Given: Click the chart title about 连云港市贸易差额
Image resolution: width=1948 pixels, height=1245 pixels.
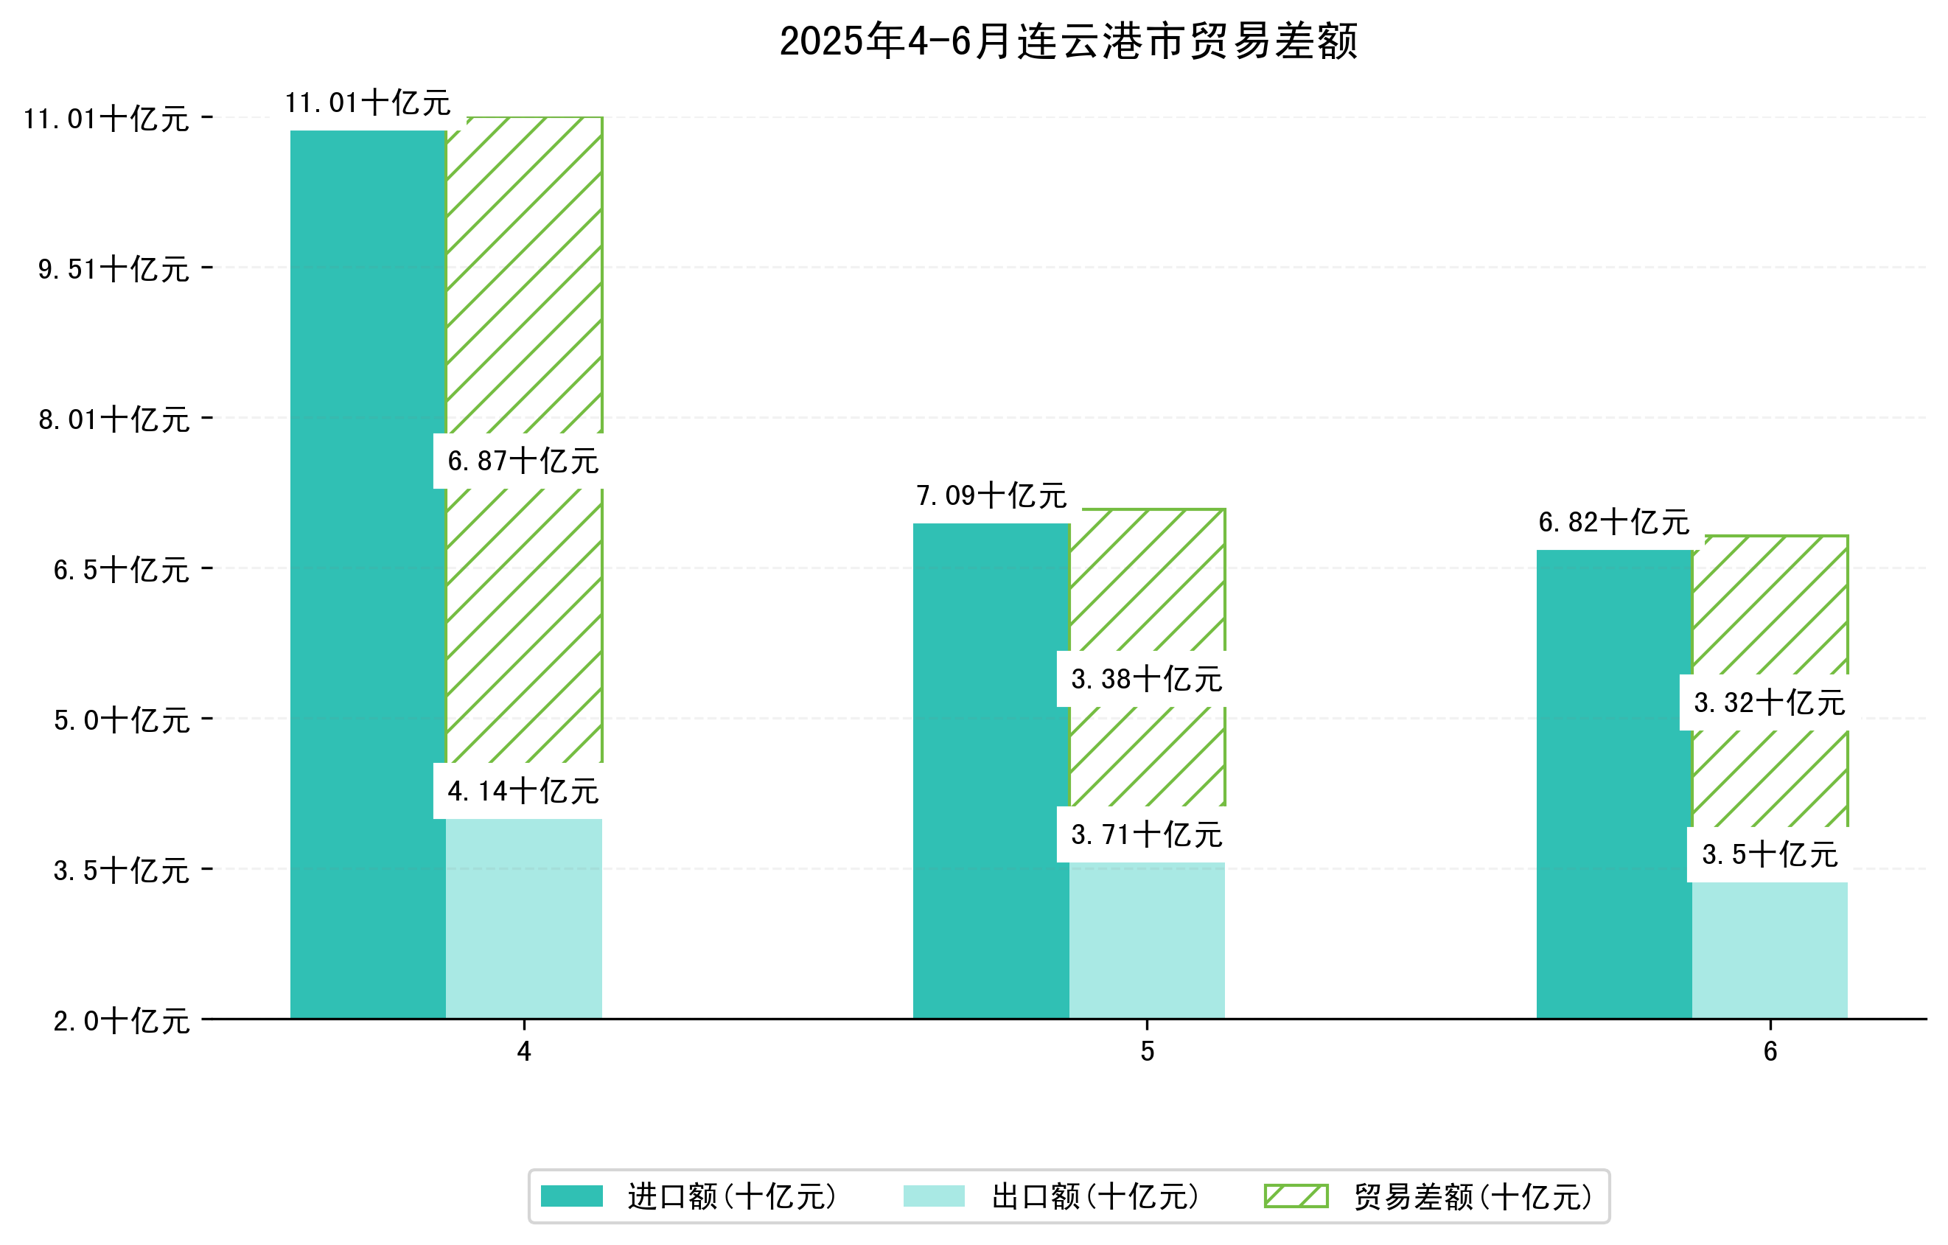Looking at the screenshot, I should click(x=1068, y=41).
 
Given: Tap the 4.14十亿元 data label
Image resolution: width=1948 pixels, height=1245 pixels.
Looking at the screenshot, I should click(x=523, y=791).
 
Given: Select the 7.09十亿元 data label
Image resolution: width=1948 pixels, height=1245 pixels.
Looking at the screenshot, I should click(x=991, y=496).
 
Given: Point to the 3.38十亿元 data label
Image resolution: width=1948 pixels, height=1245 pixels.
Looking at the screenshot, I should click(x=1146, y=680).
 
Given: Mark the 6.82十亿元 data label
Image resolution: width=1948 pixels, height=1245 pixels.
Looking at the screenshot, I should click(x=1614, y=523).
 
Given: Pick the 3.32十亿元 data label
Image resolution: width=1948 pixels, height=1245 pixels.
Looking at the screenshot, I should click(x=1769, y=703).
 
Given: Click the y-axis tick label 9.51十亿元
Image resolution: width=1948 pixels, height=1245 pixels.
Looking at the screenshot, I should click(x=114, y=268).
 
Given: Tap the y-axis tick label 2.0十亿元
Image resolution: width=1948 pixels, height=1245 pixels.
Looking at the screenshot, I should click(x=122, y=1021).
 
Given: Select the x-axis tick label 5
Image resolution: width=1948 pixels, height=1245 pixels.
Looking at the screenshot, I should click(x=1147, y=1052).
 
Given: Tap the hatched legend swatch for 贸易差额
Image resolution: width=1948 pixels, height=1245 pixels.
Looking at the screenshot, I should click(x=1296, y=1196).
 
